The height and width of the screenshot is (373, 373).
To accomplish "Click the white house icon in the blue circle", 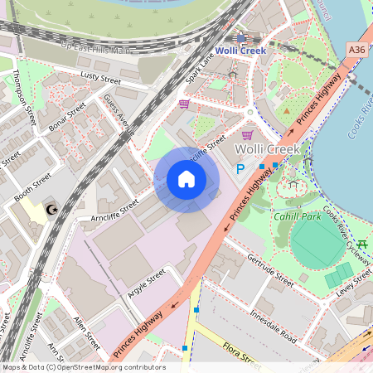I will [x=186, y=179].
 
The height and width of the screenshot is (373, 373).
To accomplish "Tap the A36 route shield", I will [x=357, y=50].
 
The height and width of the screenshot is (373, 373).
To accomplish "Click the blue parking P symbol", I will [x=241, y=168].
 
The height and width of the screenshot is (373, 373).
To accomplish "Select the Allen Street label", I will [x=86, y=332].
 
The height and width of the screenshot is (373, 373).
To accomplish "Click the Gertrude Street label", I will [x=270, y=269].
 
